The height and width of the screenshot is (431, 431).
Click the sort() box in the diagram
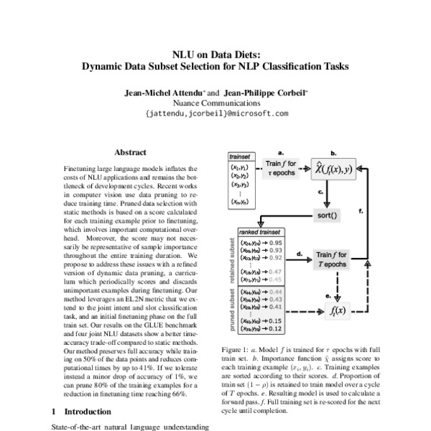[328, 215]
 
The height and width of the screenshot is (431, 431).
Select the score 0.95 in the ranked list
[274, 243]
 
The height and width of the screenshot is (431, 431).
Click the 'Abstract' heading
[131, 152]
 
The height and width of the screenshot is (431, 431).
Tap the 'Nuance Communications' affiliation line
[215, 103]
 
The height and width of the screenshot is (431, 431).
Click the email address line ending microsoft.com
[216, 113]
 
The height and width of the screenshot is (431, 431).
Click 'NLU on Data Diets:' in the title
[215, 54]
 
